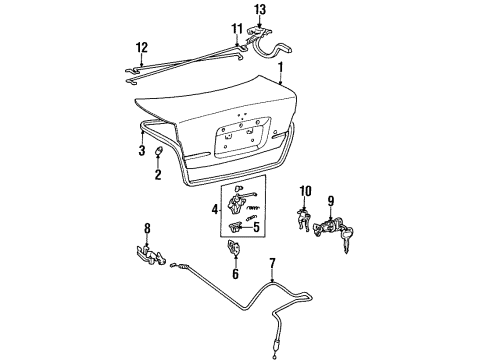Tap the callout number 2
(x=157, y=175)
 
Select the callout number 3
(x=143, y=151)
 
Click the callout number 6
(x=236, y=274)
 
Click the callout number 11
(x=236, y=28)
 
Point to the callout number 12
(x=141, y=46)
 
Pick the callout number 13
(x=260, y=11)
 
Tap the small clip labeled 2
(x=161, y=152)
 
